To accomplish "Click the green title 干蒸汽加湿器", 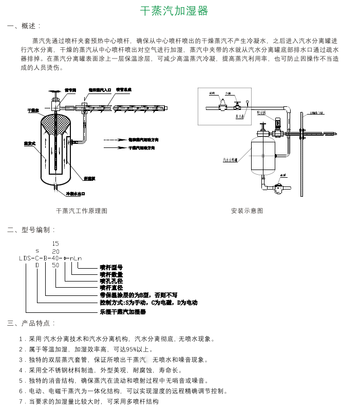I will (x=174, y=11).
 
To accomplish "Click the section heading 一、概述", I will (x=24, y=26).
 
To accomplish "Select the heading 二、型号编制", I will (x=31, y=230).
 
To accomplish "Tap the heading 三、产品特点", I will (x=31, y=323).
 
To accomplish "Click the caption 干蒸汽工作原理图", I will (x=82, y=211).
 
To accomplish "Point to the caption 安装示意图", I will (x=247, y=211).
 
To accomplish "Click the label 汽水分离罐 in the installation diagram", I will (x=230, y=160).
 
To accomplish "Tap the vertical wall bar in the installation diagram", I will (x=301, y=154).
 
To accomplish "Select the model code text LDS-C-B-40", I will (x=40, y=258).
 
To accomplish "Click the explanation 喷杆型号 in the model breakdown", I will (x=111, y=268).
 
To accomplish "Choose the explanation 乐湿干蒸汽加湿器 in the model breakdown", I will (x=123, y=312).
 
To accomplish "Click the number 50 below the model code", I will (x=55, y=266).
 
